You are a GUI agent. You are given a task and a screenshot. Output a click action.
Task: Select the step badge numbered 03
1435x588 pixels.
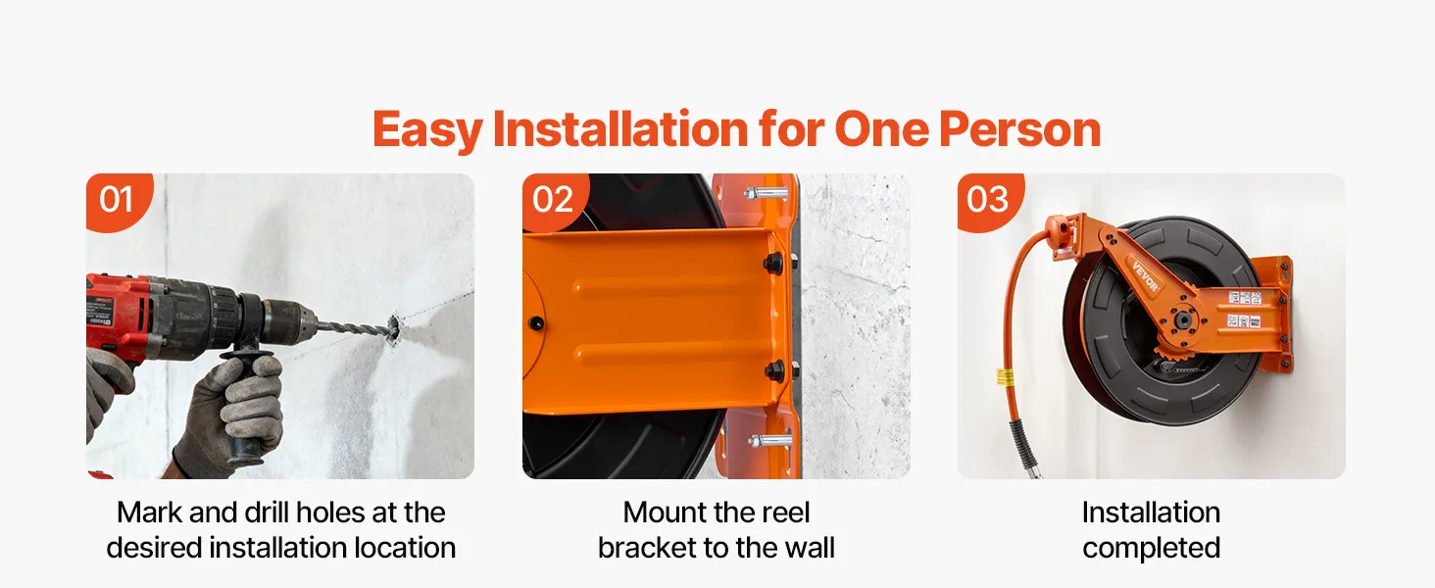989,201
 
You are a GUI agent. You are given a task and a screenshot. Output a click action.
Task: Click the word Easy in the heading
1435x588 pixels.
427,130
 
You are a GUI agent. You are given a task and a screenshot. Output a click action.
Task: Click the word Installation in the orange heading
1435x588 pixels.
620,130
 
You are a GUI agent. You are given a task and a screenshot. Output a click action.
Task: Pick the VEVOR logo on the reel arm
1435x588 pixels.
1145,276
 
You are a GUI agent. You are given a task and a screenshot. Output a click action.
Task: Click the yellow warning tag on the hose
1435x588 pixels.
1000,376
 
